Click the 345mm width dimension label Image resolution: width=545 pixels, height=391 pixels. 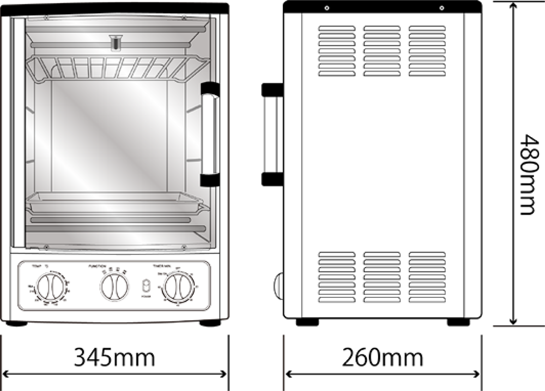tap(114, 358)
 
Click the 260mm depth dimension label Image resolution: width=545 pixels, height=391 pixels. tap(382, 358)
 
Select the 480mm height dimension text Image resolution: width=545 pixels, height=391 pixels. tap(526, 174)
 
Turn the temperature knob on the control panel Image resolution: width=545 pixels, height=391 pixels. tap(49, 286)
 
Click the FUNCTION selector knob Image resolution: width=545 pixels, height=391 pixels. tap(114, 286)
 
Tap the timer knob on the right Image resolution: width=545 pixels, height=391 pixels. tap(178, 286)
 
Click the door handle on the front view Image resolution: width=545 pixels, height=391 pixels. tap(210, 134)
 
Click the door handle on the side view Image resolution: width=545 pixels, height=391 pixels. tap(272, 134)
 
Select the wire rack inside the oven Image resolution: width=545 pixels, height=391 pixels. tap(117, 68)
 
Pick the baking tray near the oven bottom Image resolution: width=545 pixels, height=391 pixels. tap(117, 203)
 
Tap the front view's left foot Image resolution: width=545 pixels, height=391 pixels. tap(16, 323)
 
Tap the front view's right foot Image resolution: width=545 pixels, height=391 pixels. tap(210, 323)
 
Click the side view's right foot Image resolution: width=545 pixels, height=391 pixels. tap(458, 322)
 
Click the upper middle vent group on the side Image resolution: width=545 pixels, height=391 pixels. tap(382, 51)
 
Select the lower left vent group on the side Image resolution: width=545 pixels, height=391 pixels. tap(337, 277)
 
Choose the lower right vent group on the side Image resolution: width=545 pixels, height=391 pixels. tap(427, 277)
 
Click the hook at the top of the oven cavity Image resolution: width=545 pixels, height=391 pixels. tap(114, 42)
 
